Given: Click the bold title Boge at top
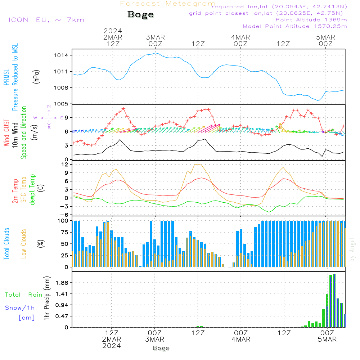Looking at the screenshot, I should tap(140, 14).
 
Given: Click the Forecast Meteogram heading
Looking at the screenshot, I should tap(168, 4).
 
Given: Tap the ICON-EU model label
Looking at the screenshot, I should tap(46, 19).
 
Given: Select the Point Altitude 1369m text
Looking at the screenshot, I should tap(311, 19).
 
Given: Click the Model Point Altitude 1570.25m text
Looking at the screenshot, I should tap(295, 26).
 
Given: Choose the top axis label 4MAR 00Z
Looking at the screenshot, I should tap(240, 40).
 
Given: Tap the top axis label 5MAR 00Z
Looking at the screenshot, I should tap(325, 40).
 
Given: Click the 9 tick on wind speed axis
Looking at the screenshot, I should tap(67, 118).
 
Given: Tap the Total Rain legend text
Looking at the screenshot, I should tap(23, 294).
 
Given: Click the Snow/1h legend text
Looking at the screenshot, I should tap(20, 308).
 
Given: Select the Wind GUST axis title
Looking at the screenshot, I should tap(6, 133).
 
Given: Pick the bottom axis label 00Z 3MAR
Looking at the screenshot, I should tap(155, 336).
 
